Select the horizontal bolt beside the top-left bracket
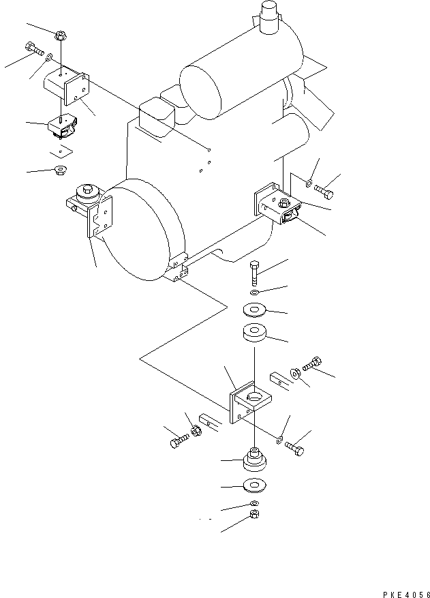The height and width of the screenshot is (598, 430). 33,49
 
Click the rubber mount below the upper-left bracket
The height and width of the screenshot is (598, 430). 62,126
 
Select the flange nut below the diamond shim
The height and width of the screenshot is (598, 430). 59,170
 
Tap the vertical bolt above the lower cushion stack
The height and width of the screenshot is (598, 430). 254,274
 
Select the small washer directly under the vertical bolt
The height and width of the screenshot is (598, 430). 254,293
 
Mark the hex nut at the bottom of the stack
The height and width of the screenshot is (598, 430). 253,513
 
